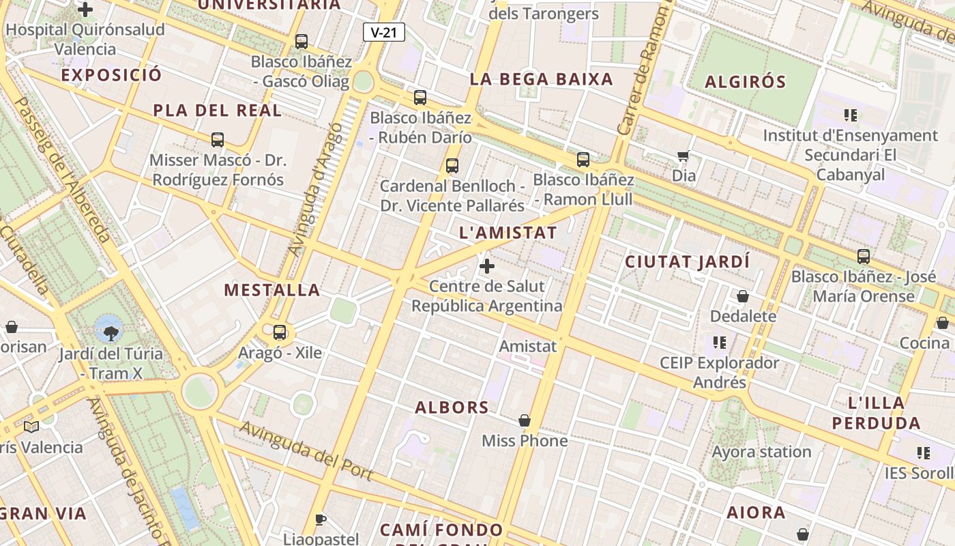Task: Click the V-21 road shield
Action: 384,32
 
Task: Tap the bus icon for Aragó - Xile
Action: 280,332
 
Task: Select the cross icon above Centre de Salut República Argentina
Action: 487,265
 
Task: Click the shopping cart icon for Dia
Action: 683,156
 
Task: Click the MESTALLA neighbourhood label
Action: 272,290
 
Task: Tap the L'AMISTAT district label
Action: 508,233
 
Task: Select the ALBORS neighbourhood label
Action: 452,407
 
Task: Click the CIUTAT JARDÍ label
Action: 687,262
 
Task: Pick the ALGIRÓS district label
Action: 745,83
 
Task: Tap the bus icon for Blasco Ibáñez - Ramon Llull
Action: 583,160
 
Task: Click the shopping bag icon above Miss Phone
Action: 525,420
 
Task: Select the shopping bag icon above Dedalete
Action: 743,296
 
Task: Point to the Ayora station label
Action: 761,452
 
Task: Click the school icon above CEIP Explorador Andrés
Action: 719,342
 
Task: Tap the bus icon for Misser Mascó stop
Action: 218,140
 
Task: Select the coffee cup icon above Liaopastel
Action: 321,520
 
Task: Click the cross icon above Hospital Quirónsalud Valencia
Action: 85,10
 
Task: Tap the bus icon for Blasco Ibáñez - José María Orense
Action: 864,257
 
